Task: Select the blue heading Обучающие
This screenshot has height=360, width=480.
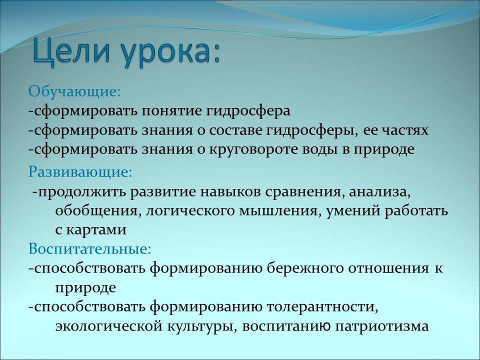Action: pos(74,91)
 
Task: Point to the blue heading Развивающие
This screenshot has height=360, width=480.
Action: pos(80,172)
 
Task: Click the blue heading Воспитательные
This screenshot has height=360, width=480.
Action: pos(89,248)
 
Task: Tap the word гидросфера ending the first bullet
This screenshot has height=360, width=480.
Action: pos(247,111)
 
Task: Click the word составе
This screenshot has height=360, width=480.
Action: pos(235,130)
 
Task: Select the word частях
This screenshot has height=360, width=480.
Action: pos(404,130)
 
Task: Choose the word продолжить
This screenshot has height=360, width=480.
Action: pos(82,192)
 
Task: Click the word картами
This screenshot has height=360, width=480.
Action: pos(96,230)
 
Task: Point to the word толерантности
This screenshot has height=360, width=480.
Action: pos(322,306)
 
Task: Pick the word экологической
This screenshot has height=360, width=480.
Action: pos(109,326)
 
